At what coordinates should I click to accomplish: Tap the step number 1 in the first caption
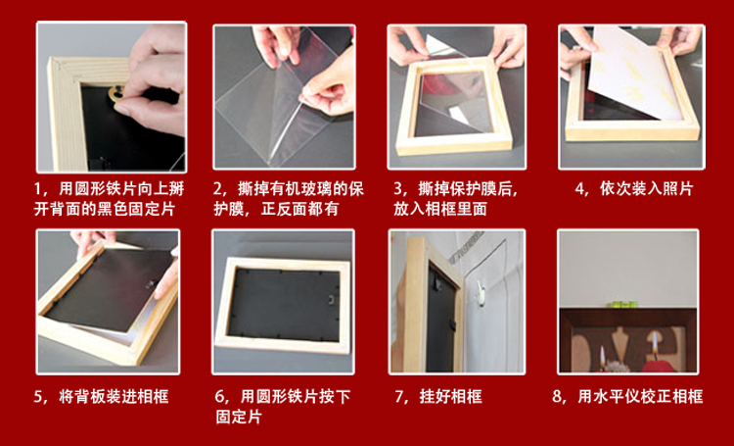[37, 189]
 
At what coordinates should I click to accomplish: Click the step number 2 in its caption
[217, 189]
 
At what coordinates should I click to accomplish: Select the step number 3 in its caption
[398, 189]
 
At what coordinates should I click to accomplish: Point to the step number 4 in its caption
[580, 189]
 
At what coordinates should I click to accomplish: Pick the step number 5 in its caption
[38, 397]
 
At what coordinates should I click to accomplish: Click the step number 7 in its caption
[399, 397]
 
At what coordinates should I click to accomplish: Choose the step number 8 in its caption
[557, 397]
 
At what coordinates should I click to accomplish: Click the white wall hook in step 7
[480, 291]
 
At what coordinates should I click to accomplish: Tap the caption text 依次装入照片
[647, 189]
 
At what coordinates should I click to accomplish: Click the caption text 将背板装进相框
[114, 397]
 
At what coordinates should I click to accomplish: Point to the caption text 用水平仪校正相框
[640, 397]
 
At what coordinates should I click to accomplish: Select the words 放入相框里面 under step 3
[440, 209]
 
